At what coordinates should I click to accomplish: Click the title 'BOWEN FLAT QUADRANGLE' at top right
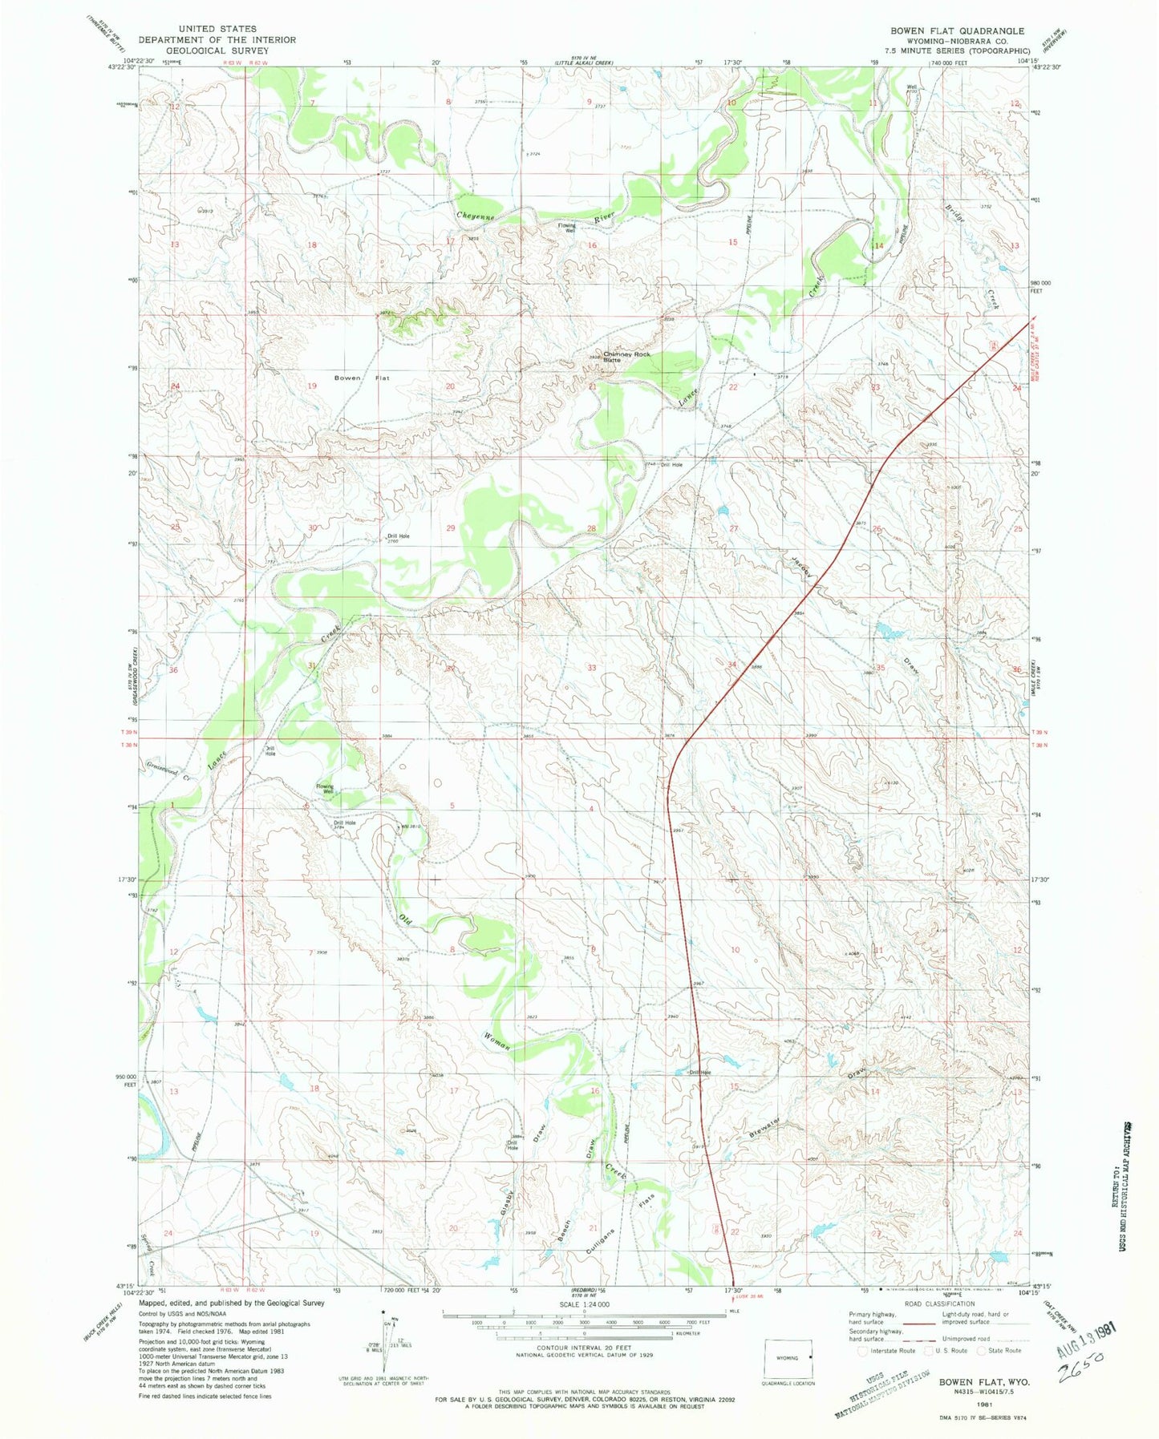click(956, 30)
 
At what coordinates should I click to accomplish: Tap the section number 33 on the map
click(592, 668)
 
